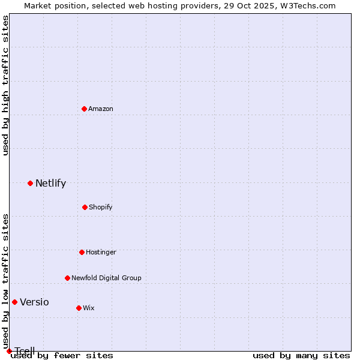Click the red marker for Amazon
click(x=85, y=109)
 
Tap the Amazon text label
click(x=101, y=109)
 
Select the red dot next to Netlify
click(x=30, y=183)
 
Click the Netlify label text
click(x=50, y=184)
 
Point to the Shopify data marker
click(x=85, y=207)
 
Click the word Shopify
click(x=101, y=207)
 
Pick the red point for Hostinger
click(x=82, y=252)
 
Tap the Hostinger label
click(x=101, y=252)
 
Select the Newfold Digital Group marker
click(x=67, y=278)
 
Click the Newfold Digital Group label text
click(x=106, y=278)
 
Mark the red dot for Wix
click(x=79, y=308)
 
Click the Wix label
click(x=89, y=308)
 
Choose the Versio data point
click(x=14, y=302)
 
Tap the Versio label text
click(x=34, y=302)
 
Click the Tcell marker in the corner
click(x=9, y=351)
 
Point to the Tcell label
click(x=25, y=351)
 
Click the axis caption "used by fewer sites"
click(x=62, y=356)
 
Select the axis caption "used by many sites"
click(x=301, y=356)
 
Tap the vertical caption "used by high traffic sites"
click(x=5, y=85)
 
